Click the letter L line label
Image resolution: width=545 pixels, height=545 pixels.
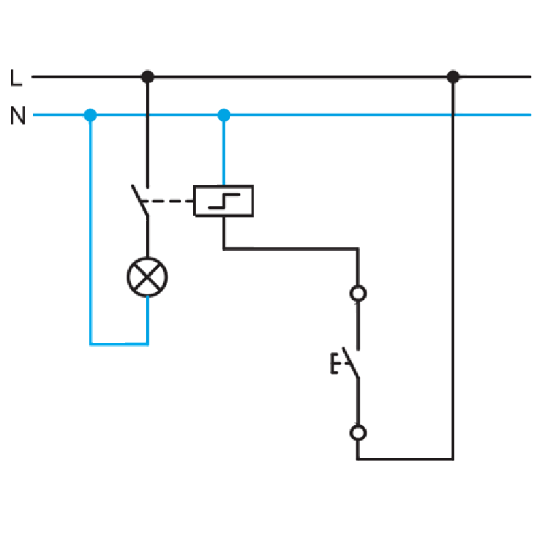coord(16,78)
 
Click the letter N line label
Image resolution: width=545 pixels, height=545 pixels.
coord(18,115)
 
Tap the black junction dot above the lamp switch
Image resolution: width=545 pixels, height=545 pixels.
coord(148,76)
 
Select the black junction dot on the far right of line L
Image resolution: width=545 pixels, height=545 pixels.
coord(453,76)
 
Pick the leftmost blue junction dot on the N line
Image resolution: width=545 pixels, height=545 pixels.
coord(91,115)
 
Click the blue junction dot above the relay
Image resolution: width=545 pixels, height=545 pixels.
coord(224,115)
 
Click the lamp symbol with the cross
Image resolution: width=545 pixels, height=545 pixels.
coord(147,277)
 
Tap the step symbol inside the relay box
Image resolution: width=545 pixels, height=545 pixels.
coord(224,201)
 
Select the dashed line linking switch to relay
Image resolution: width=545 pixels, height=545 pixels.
coord(168,201)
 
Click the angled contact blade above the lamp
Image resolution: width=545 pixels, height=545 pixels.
coord(140,200)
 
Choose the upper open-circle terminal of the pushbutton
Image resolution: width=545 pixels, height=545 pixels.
coord(358,294)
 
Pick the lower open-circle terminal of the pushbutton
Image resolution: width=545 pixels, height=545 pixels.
coord(358,433)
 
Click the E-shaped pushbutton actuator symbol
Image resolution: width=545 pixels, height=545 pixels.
coord(334,363)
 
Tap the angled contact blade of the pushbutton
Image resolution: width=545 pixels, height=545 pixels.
coord(351,362)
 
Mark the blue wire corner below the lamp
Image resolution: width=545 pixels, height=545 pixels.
coord(148,345)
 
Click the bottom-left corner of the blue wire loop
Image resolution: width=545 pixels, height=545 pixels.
coord(91,345)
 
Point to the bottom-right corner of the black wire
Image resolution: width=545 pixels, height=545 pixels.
coord(453,459)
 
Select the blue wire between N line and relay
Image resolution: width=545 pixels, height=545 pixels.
coord(224,150)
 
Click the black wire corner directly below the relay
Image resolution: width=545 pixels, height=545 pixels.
coord(224,249)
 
